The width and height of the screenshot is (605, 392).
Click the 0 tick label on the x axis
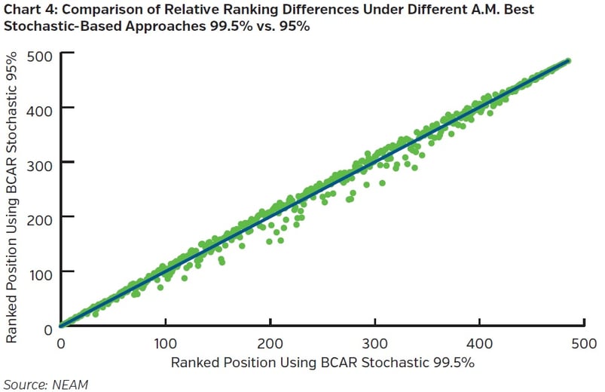click(61, 343)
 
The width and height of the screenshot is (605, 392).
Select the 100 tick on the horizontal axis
click(165, 343)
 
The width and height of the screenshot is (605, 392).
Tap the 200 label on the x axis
click(270, 343)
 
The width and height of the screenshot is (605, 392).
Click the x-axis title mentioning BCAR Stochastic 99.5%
click(322, 363)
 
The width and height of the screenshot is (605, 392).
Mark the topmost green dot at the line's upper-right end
click(568, 60)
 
